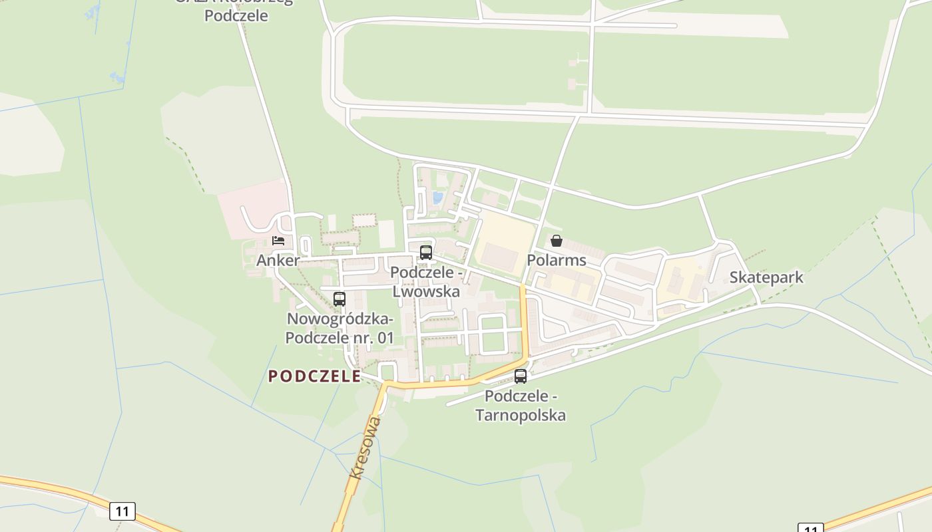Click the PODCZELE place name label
point(314,376)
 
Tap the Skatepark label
point(766,277)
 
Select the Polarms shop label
point(557,260)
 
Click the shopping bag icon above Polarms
point(557,241)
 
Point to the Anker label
point(278,260)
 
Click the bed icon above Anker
point(278,240)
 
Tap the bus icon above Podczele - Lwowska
point(426,253)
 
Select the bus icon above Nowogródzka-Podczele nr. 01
point(340,299)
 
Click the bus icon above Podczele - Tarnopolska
point(521,376)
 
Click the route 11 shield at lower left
point(122,511)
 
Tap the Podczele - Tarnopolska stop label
point(521,406)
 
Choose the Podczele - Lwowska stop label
point(426,282)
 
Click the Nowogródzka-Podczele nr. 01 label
point(340,329)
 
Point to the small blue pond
point(438,198)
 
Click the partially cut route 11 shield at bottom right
point(810,528)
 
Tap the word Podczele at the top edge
point(236,15)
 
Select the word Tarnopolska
point(521,416)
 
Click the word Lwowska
point(426,291)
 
